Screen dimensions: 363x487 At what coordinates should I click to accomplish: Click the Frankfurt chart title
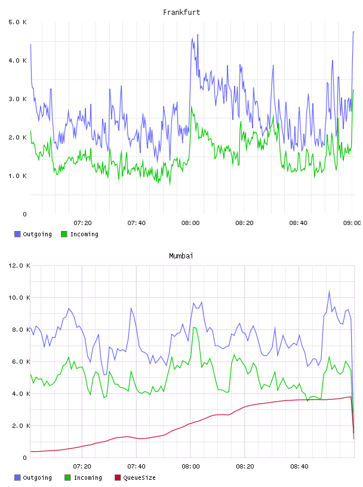click(181, 13)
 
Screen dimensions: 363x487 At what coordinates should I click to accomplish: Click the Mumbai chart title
click(181, 256)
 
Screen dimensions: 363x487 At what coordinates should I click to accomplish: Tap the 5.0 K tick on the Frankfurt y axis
click(17, 22)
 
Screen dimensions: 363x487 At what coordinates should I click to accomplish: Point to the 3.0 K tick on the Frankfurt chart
click(17, 99)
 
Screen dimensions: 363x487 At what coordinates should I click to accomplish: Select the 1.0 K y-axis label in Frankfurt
click(17, 176)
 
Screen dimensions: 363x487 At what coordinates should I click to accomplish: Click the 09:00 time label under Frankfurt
click(352, 223)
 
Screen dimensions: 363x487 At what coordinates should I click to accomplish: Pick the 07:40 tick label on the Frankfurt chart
click(137, 223)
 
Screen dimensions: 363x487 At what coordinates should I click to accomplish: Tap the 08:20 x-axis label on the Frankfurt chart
click(244, 223)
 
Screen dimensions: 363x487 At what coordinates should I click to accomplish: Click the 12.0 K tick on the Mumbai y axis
click(19, 266)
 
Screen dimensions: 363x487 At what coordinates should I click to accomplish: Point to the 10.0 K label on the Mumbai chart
click(19, 298)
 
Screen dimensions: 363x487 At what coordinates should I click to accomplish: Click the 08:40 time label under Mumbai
click(299, 467)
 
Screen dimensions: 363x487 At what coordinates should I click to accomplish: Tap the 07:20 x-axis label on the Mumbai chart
click(82, 467)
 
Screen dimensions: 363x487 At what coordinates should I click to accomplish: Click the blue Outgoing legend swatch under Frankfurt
click(17, 234)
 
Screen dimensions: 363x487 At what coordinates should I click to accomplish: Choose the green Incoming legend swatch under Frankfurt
click(64, 234)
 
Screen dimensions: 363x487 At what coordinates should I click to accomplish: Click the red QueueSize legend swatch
click(118, 477)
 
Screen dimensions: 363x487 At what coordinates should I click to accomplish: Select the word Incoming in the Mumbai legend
click(88, 478)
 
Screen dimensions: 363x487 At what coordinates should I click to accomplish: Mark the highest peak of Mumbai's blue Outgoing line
click(329, 291)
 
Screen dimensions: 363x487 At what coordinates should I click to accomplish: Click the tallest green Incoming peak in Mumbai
click(193, 327)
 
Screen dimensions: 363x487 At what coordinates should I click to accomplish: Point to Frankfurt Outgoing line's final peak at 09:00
click(353, 32)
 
